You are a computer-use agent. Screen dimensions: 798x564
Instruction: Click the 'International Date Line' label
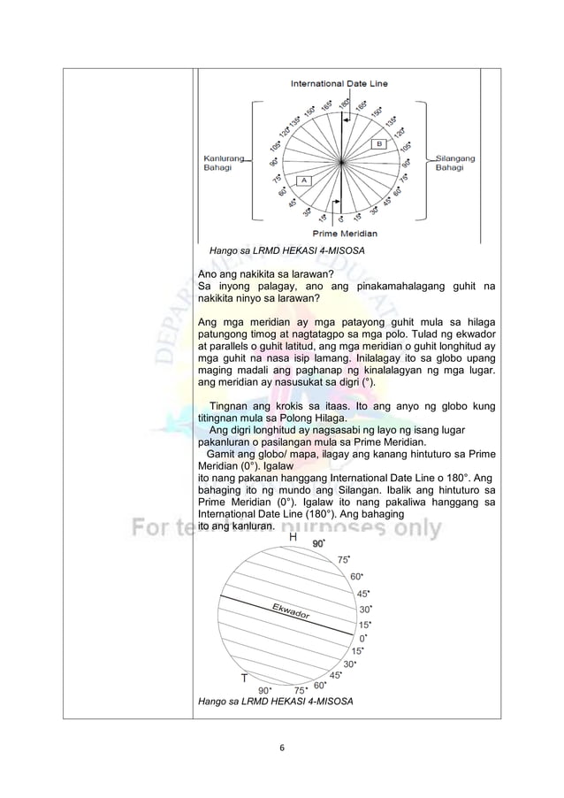tap(339, 83)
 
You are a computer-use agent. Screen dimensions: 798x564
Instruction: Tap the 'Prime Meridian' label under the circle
tap(339, 234)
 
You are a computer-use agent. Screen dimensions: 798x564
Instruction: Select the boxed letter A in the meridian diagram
tap(301, 180)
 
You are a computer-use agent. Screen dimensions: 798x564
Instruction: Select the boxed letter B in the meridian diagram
tap(378, 142)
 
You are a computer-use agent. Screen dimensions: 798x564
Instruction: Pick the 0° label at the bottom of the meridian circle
tap(340, 219)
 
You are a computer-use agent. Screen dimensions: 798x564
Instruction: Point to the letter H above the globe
tap(293, 536)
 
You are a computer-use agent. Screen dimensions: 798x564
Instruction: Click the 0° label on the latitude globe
tap(362, 637)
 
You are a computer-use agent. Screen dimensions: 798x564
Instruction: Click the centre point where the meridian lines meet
tap(339, 160)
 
